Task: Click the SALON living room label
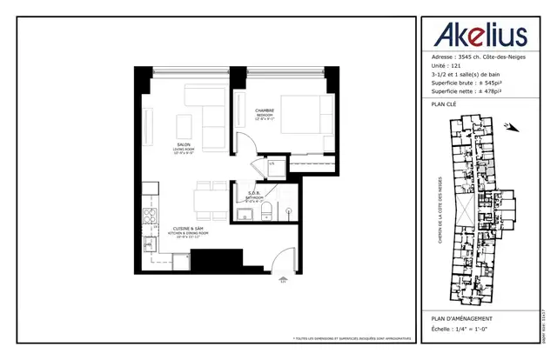click(184, 147)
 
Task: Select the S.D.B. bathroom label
click(255, 194)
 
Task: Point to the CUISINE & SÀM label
click(184, 228)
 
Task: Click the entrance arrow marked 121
click(281, 279)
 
